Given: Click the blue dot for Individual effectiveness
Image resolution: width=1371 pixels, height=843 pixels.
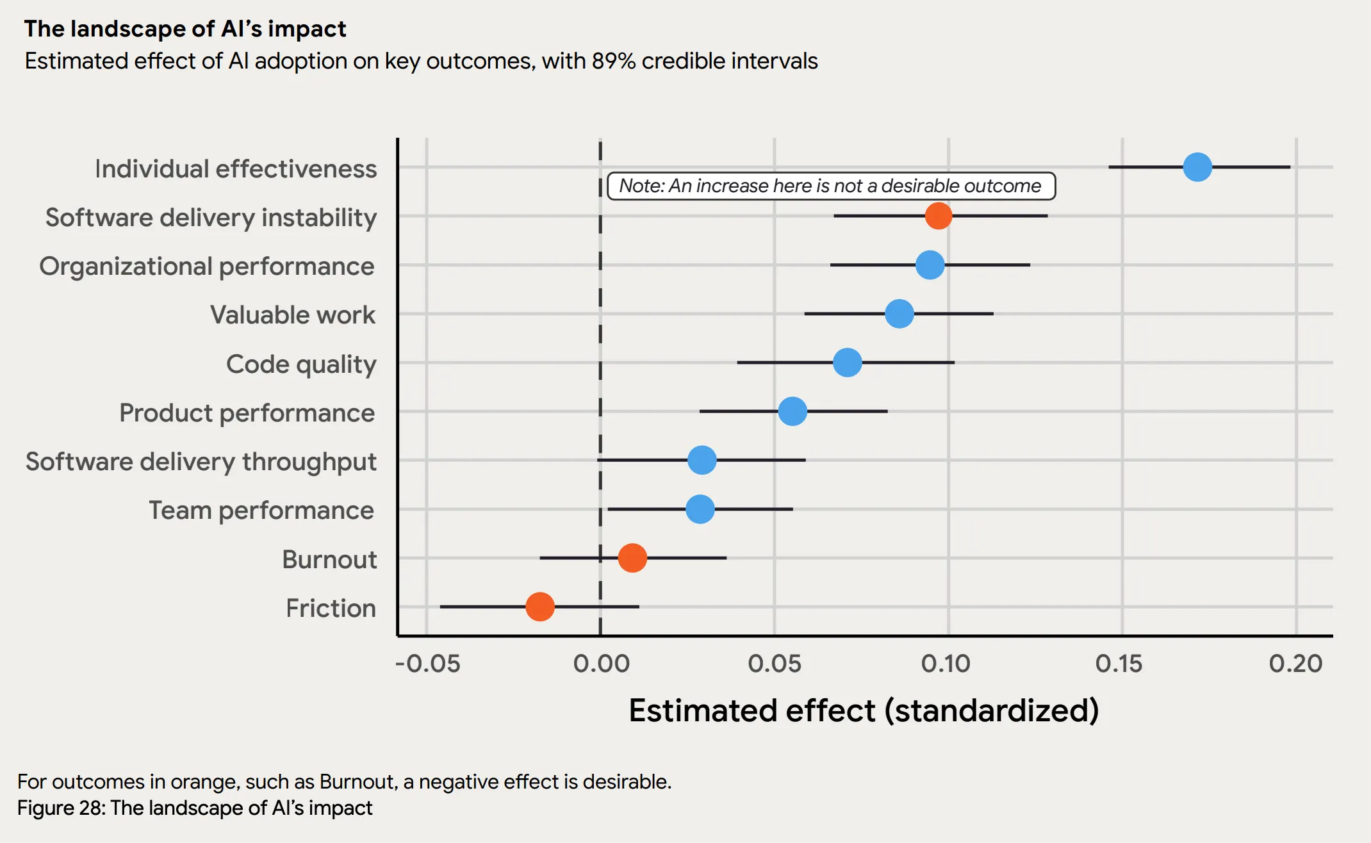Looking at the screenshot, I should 1197,167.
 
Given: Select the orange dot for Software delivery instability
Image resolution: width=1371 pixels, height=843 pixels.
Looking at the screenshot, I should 938,216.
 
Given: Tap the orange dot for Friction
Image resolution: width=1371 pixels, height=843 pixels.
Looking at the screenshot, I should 539,607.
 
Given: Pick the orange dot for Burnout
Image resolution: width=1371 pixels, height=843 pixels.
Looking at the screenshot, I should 632,558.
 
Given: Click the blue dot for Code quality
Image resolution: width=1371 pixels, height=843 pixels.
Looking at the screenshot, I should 847,363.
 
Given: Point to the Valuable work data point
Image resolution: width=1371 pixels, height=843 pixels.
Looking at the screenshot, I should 899,314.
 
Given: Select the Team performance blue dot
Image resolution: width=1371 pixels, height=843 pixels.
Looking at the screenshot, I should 700,509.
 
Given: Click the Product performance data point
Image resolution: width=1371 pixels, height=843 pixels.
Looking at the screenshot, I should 792,411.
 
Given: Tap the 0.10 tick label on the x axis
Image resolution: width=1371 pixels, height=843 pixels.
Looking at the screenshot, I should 946,664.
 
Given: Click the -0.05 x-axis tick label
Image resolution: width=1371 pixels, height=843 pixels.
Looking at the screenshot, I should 427,664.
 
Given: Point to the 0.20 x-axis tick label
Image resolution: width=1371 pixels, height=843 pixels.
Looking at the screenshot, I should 1295,664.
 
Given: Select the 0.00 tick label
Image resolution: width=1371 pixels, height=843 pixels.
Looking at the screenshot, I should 601,664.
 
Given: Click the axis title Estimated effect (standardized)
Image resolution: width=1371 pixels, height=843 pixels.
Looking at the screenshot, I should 864,710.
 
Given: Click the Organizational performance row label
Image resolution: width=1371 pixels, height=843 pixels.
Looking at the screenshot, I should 206,266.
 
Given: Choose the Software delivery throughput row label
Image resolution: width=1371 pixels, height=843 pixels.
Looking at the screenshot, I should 201,461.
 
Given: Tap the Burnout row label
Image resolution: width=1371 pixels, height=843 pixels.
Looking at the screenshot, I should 329,559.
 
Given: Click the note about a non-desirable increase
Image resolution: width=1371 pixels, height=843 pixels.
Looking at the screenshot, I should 830,186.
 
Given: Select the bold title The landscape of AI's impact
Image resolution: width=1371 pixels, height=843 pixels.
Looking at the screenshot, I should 185,29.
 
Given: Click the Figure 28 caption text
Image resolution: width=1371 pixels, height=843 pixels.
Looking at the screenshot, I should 194,808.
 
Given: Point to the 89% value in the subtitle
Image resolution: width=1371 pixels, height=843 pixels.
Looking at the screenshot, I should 613,61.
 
